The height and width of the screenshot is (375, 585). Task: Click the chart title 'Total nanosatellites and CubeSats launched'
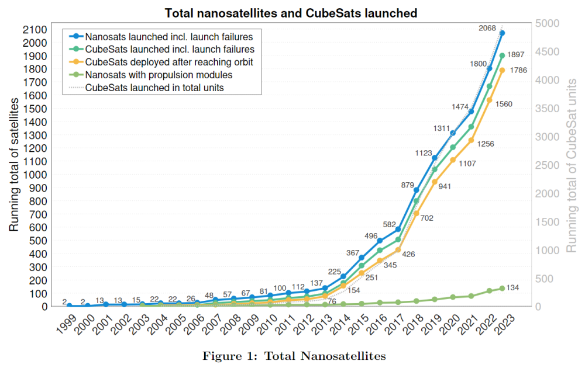(x=291, y=12)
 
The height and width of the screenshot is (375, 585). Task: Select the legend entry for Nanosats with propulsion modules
(x=159, y=75)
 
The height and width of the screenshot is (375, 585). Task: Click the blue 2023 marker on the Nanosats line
(x=503, y=33)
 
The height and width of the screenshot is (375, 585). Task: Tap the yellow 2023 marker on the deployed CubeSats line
(x=503, y=71)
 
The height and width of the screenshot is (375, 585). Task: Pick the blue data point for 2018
(x=417, y=190)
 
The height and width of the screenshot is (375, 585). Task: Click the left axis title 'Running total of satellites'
(x=14, y=165)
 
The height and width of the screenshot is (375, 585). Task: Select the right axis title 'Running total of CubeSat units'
(x=572, y=165)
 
